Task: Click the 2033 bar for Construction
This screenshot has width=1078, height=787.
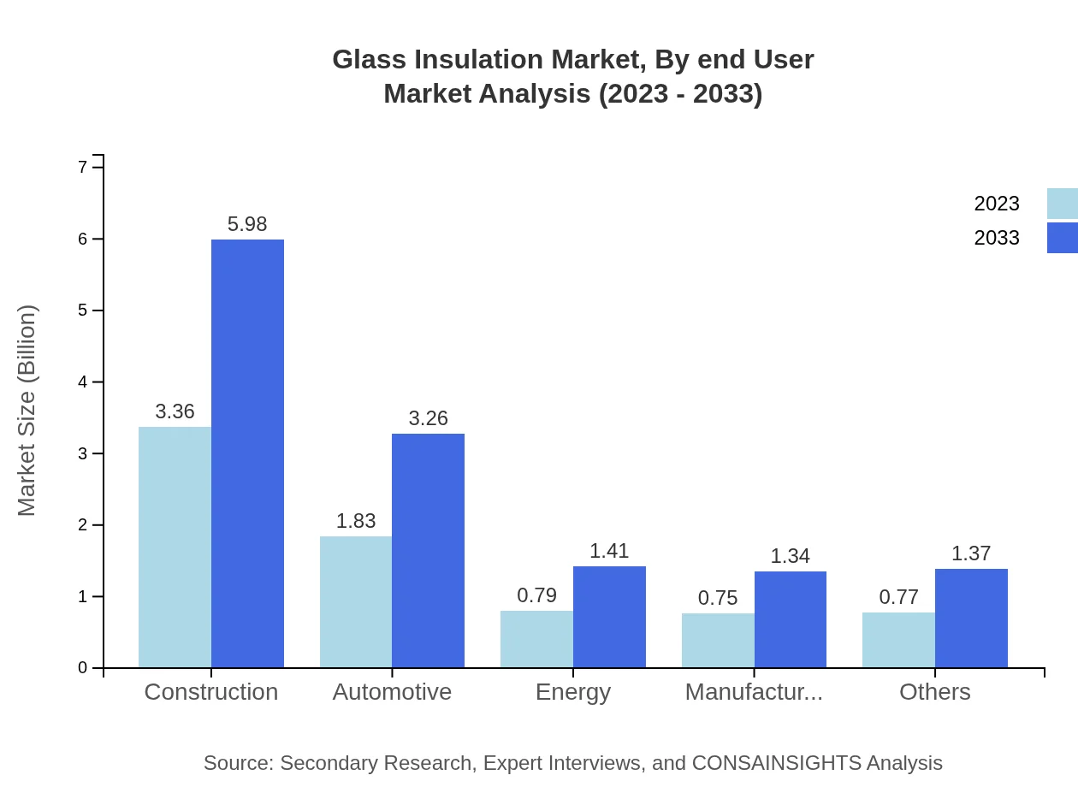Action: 247,453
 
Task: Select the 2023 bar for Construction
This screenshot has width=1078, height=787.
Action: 175,547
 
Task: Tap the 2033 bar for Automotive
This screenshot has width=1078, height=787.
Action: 428,551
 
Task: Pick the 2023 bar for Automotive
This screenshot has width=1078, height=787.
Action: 356,602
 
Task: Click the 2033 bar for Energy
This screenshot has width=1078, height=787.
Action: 609,617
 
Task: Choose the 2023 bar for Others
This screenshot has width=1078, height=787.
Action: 898,640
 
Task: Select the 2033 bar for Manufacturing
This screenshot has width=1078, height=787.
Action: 791,619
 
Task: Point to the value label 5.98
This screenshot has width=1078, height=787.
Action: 247,224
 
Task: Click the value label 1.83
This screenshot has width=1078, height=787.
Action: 356,521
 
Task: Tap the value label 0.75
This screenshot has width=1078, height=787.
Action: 718,598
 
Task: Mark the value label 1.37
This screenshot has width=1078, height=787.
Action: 971,553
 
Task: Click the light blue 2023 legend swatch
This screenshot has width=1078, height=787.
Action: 1062,204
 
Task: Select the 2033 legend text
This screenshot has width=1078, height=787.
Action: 997,238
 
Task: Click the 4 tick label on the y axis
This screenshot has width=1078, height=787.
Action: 83,382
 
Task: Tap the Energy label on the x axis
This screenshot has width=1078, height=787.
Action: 573,691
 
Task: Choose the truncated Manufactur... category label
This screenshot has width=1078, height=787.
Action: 754,691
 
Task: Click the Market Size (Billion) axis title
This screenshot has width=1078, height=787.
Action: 27,411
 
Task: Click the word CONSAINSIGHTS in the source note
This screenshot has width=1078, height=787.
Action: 798,763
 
